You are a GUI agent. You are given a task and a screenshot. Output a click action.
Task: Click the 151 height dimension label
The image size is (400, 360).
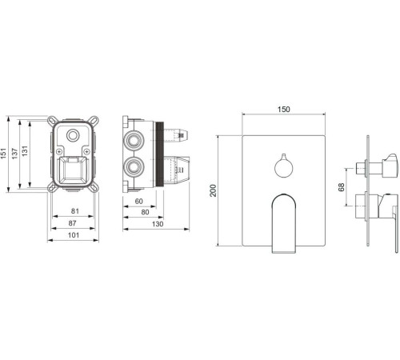[3, 154]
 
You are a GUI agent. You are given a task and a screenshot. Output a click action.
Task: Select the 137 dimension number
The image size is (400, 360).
[14, 154]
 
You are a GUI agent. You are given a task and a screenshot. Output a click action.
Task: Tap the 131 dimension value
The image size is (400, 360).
[25, 151]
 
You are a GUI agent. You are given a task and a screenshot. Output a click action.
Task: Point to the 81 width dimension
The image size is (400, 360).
[75, 211]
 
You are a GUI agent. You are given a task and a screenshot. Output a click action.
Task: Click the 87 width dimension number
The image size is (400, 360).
[72, 223]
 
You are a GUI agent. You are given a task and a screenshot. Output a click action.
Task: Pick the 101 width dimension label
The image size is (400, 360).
[74, 235]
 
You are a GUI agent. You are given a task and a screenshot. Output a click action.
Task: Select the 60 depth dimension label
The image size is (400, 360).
[138, 201]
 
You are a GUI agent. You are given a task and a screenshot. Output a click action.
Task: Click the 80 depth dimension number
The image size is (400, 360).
[145, 212]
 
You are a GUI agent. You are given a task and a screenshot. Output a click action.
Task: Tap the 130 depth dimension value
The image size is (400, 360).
[158, 224]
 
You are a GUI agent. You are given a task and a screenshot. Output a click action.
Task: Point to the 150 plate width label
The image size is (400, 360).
[283, 110]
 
